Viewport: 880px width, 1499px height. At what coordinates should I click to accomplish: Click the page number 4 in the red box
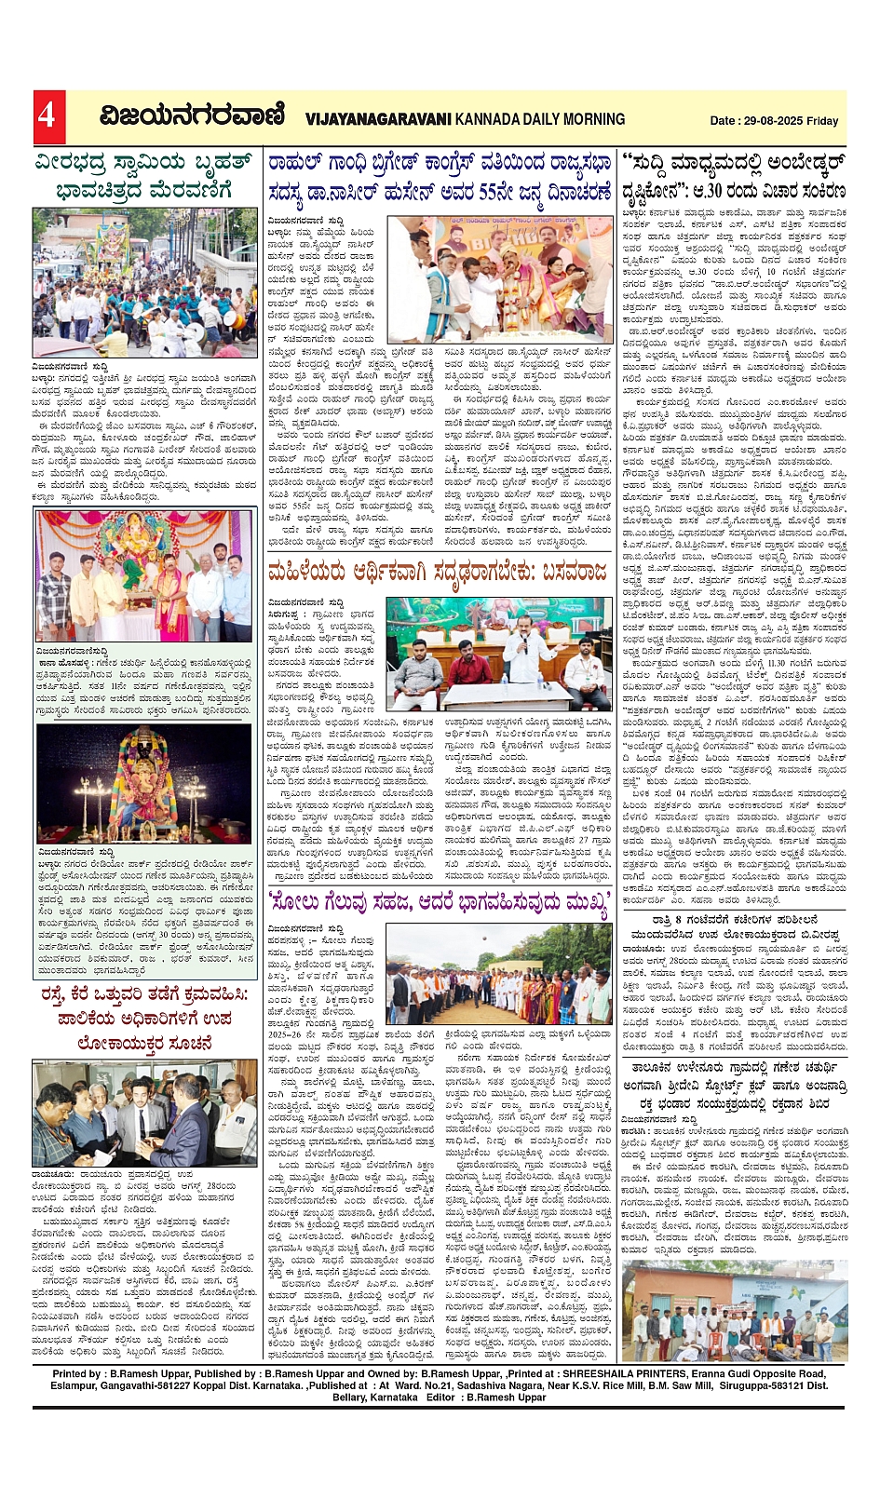pos(47,116)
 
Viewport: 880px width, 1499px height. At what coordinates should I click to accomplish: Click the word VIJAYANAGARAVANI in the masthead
pos(378,119)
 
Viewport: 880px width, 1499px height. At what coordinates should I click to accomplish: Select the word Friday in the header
pos(823,121)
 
